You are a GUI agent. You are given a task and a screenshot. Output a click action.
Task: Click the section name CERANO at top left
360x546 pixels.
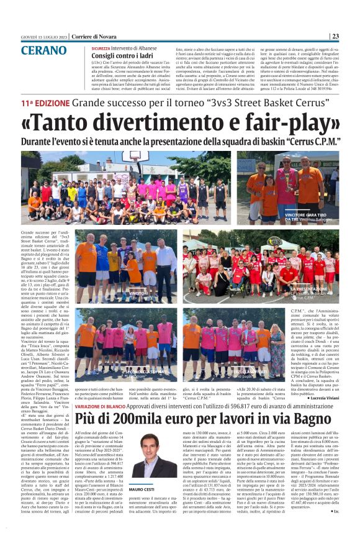coord(43,50)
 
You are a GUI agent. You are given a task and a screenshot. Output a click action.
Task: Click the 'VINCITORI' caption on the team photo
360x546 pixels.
coord(138,293)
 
